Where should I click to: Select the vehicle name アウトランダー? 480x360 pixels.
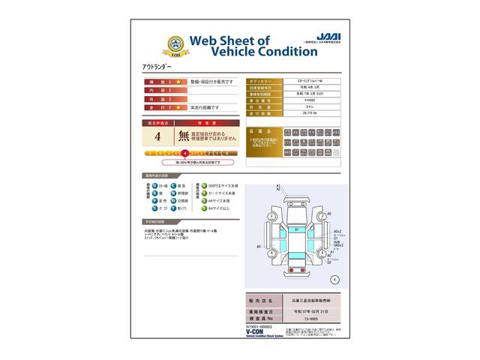157,67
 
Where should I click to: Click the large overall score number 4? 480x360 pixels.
157,136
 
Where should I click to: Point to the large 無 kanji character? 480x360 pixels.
184,136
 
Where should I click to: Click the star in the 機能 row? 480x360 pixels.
178,81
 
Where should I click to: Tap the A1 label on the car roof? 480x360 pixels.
296,229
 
